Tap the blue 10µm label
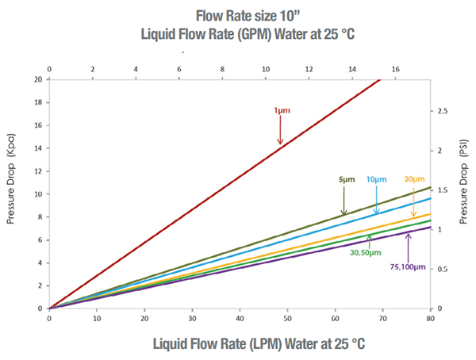376,180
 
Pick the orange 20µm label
414,179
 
